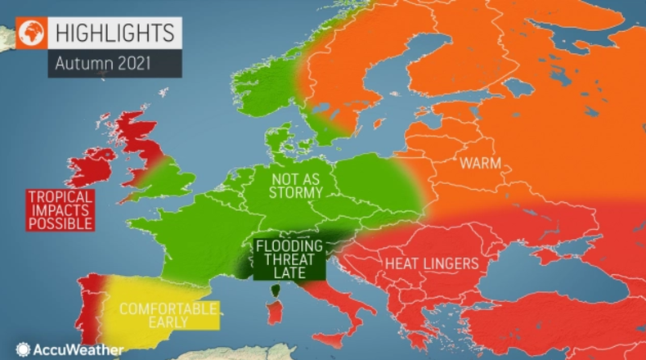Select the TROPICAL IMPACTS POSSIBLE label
click(x=60, y=209)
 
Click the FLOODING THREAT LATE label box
click(x=286, y=259)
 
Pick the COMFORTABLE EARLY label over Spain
click(x=168, y=315)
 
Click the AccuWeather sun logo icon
click(x=23, y=349)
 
